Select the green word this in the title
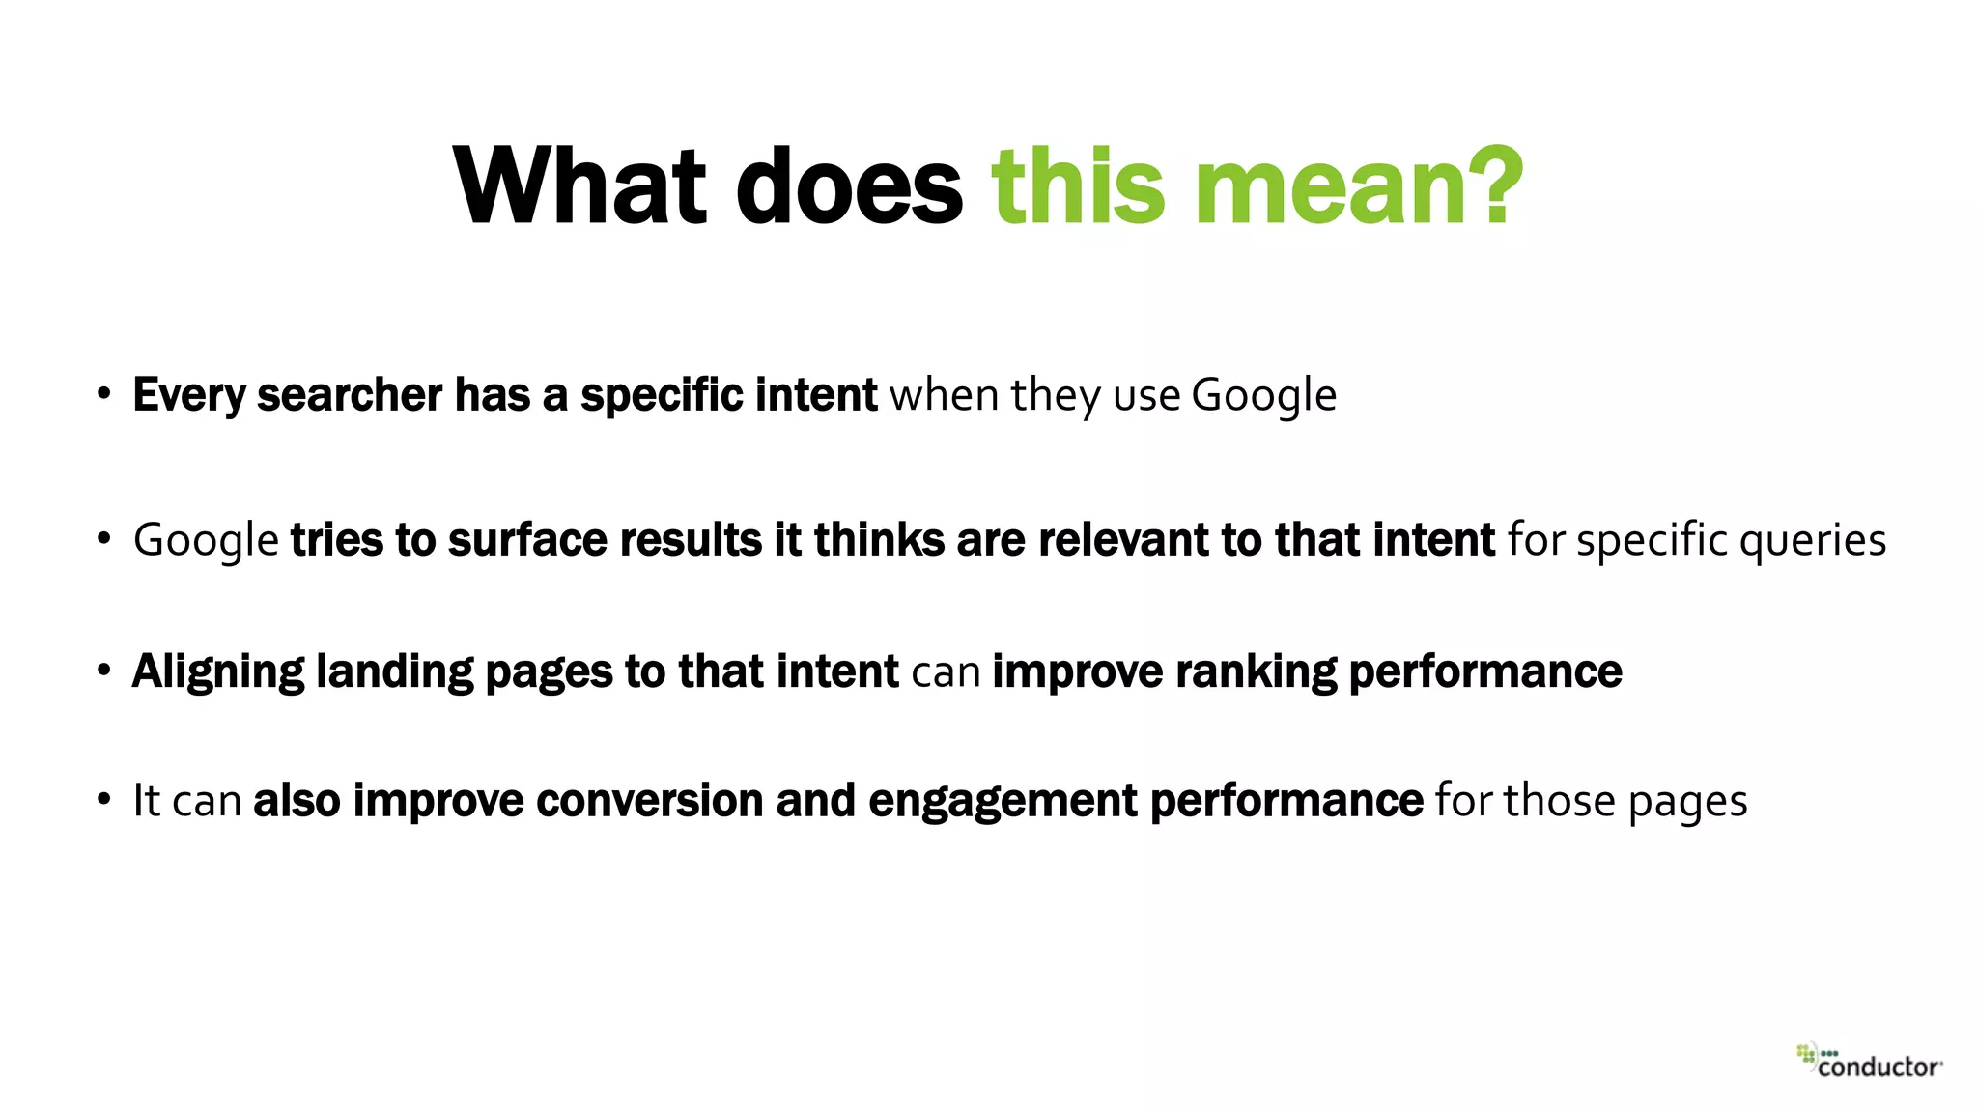tap(1079, 185)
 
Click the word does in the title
tap(849, 185)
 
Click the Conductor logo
tap(1870, 1061)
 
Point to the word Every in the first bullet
tap(188, 395)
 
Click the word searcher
tap(350, 395)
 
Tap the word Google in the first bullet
tap(1263, 395)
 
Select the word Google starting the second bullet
tap(206, 540)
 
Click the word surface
tap(527, 540)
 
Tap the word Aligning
tap(218, 672)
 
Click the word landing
tap(395, 672)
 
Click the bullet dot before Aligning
tap(104, 671)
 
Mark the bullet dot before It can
tap(104, 800)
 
